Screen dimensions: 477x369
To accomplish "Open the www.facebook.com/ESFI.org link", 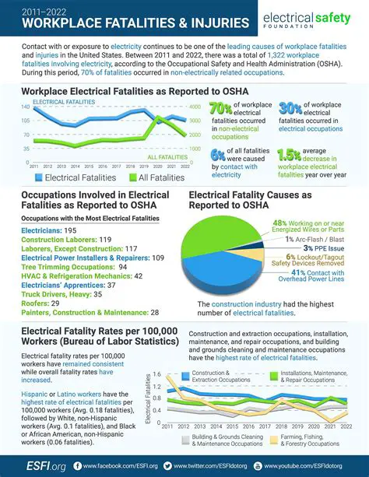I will tap(116, 466).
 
